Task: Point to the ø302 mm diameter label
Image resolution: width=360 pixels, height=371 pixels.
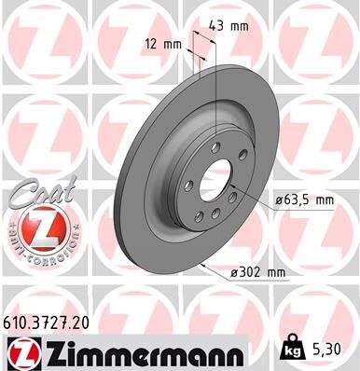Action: (260, 271)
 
